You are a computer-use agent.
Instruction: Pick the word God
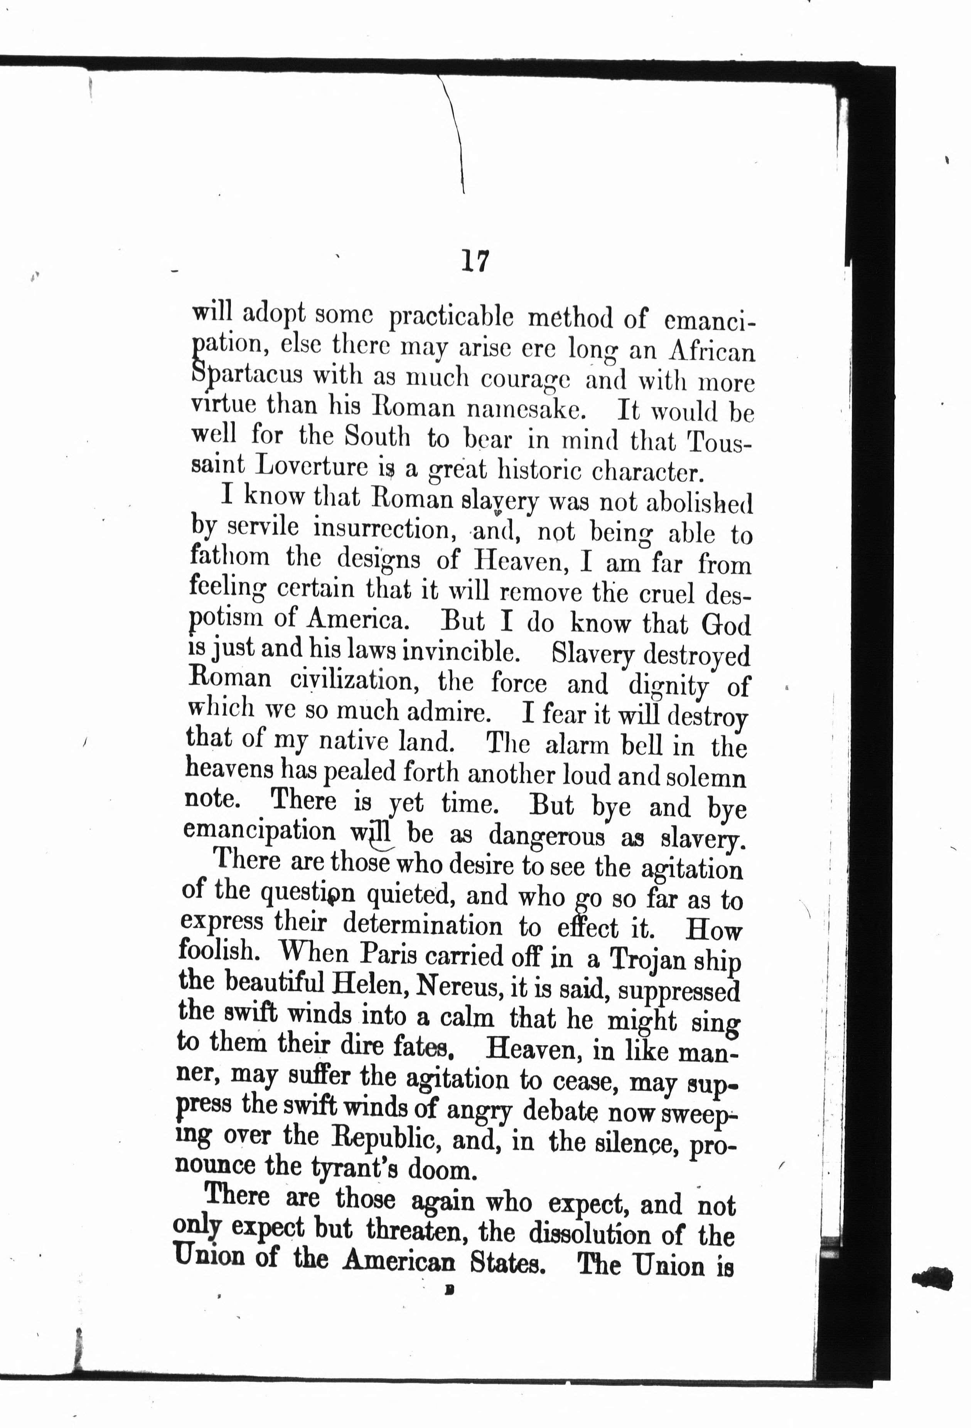pos(727,625)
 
